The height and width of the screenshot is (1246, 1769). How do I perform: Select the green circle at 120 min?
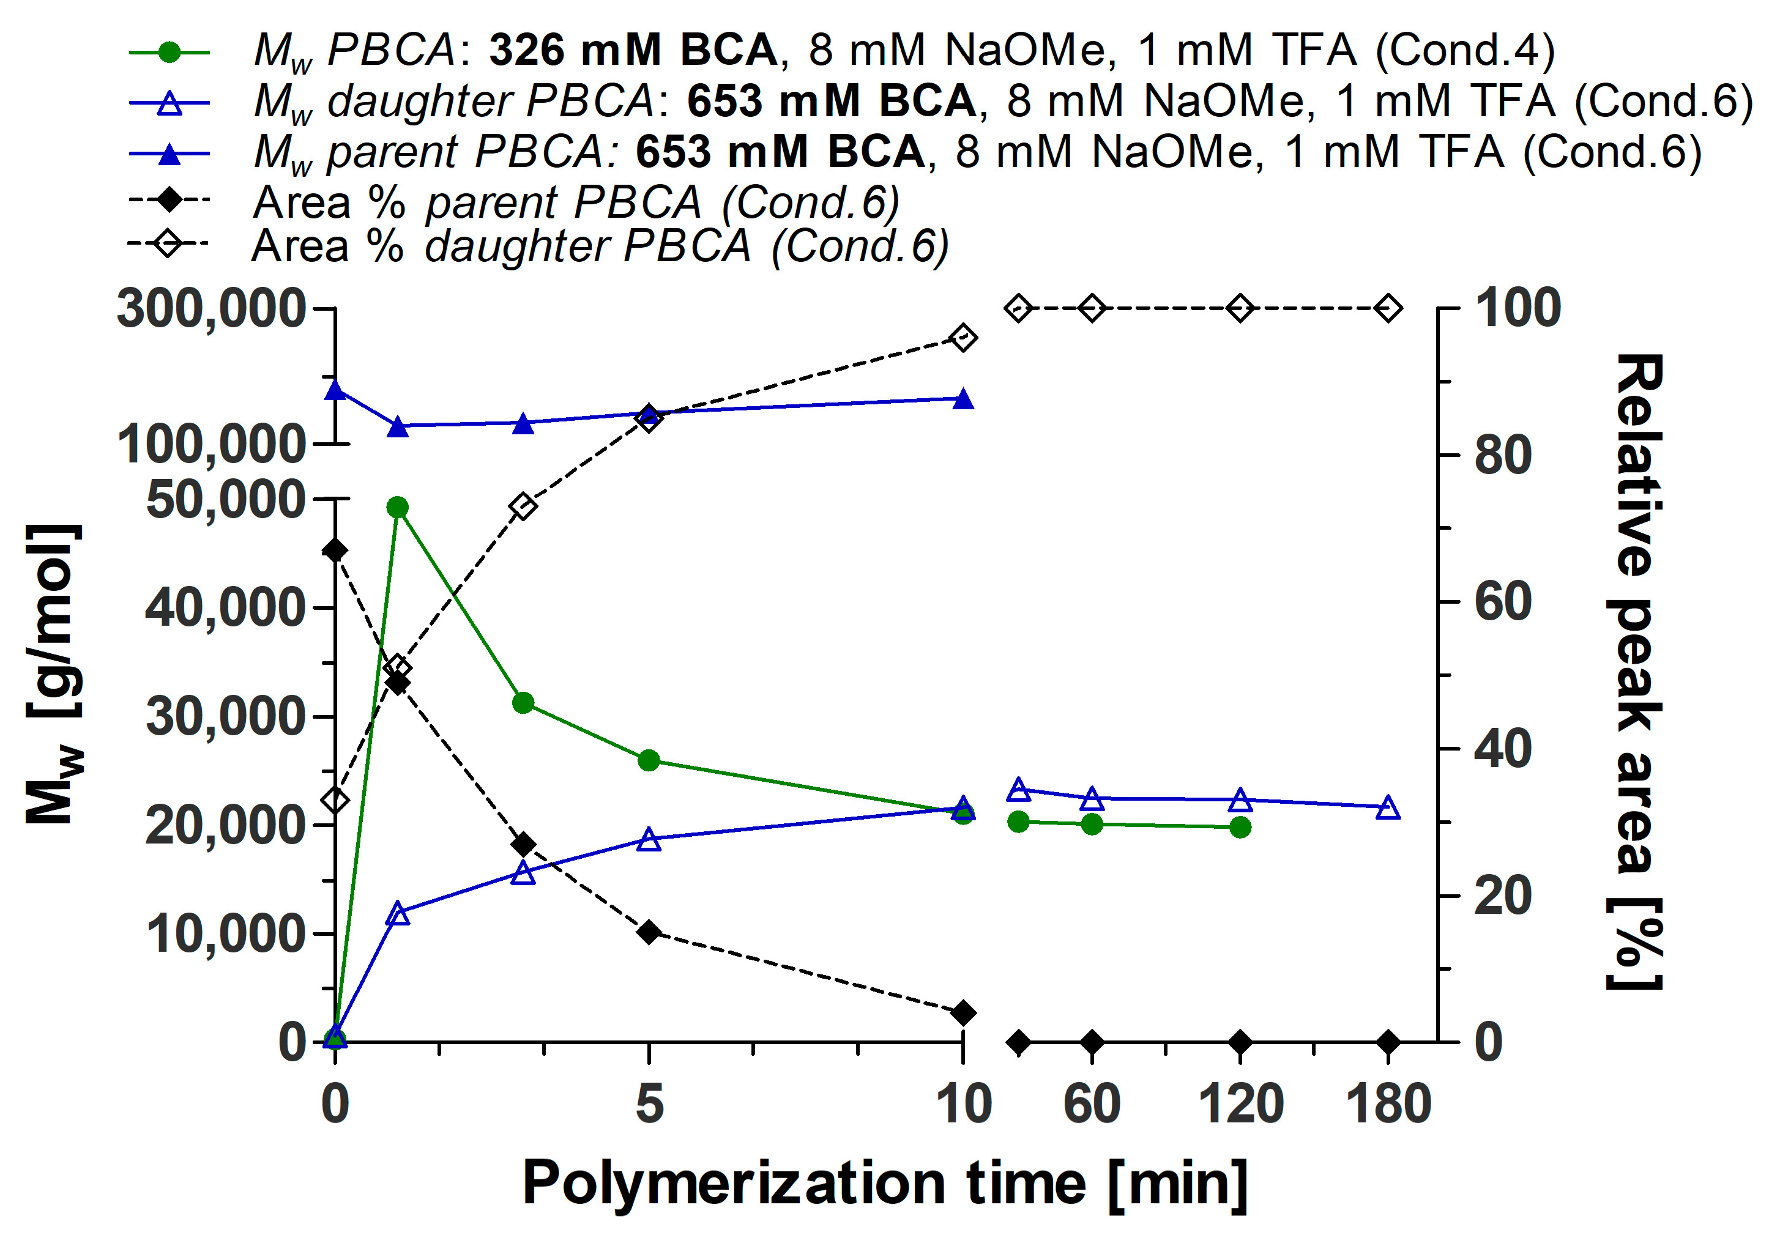(1240, 828)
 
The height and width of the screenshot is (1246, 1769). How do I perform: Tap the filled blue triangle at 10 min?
(963, 399)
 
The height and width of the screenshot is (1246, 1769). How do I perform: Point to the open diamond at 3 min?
(523, 506)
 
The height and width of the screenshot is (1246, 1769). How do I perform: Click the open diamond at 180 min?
(1388, 309)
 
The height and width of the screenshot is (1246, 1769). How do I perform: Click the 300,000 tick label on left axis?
(211, 309)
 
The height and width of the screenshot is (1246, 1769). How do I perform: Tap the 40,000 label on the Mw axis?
(226, 607)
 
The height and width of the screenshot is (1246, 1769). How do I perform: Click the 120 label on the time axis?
(1240, 1103)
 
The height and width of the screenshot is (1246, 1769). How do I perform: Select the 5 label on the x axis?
(649, 1103)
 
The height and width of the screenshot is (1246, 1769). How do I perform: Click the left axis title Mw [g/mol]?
(54, 674)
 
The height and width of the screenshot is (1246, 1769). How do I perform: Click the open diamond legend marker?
(169, 245)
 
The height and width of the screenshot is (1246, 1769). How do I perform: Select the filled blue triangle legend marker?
(169, 154)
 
